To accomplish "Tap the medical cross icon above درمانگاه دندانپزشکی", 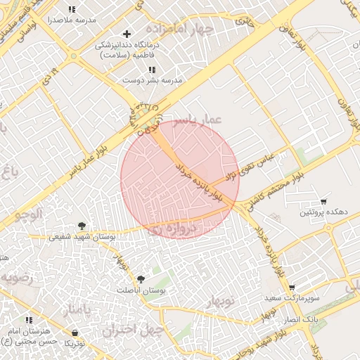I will (127, 34).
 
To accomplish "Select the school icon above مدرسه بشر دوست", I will (152, 70).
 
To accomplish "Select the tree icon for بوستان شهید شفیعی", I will (83, 226).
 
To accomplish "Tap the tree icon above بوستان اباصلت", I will (141, 279).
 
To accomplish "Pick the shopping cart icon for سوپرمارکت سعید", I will (292, 288).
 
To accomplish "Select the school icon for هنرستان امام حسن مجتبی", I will (67, 321).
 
